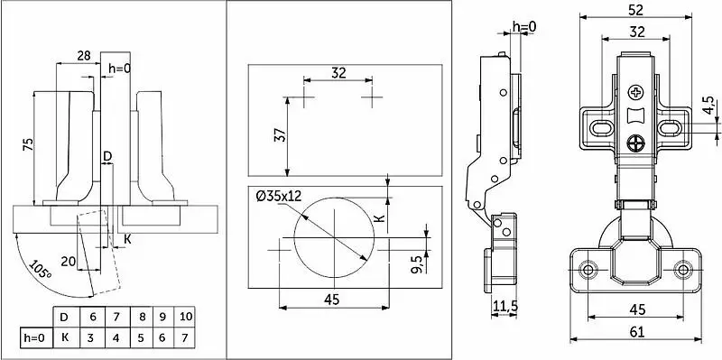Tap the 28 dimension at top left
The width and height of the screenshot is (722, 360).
coord(84,56)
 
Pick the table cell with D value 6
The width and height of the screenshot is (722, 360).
coord(93,317)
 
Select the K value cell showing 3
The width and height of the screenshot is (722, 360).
coord(91,338)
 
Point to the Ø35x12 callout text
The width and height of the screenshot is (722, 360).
coord(279,197)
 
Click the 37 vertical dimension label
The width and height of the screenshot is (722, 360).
coord(281,134)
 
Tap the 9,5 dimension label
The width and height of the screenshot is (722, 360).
coord(417,264)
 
